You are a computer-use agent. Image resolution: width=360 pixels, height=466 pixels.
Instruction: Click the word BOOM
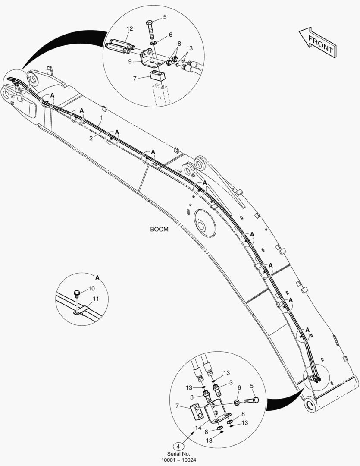159,230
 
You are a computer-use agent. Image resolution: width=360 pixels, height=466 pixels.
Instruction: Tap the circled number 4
178,446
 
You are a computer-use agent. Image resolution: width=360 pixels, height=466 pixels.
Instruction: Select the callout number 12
129,29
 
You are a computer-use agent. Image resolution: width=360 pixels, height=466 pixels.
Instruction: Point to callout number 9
130,62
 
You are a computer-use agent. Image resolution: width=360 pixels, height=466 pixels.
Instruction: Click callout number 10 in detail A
91,288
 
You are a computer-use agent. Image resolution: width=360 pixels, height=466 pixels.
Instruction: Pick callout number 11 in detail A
96,299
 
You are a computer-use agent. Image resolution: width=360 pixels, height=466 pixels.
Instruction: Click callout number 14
198,428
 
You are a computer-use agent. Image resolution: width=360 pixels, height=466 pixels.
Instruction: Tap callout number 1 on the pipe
101,118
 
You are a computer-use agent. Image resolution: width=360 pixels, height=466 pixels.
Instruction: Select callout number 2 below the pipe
91,138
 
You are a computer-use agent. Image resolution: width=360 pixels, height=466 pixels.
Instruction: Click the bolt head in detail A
77,293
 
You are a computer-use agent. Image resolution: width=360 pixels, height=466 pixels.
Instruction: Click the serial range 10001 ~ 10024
178,460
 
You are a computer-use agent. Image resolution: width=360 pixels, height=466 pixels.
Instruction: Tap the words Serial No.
178,454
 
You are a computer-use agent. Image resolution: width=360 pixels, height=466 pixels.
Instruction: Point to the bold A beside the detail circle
97,278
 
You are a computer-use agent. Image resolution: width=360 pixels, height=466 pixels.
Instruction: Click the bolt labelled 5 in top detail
150,29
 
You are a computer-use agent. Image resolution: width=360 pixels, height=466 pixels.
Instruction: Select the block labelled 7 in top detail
157,76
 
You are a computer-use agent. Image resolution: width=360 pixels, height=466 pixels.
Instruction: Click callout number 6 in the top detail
170,35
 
